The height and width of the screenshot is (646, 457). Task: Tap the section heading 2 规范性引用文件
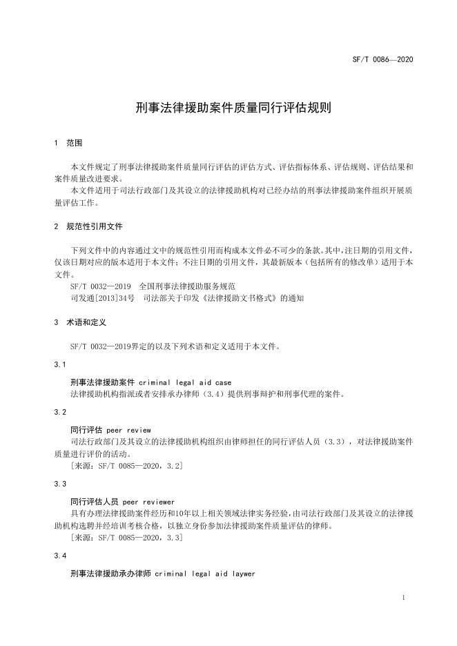pyautogui.click(x=88, y=226)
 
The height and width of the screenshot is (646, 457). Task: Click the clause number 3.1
pyautogui.click(x=60, y=364)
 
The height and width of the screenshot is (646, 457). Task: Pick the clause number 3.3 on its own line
pyautogui.click(x=60, y=484)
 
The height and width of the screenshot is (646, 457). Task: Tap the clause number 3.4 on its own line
pyautogui.click(x=60, y=556)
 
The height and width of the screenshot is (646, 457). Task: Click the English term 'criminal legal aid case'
pyautogui.click(x=185, y=382)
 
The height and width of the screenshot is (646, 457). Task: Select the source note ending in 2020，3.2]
pyautogui.click(x=127, y=467)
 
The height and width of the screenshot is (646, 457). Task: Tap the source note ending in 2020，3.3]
pyautogui.click(x=127, y=538)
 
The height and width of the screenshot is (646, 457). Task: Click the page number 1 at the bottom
pyautogui.click(x=402, y=598)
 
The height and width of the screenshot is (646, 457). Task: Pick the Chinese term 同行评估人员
pyautogui.click(x=93, y=502)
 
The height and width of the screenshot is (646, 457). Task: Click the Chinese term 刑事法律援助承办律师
pyautogui.click(x=110, y=574)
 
